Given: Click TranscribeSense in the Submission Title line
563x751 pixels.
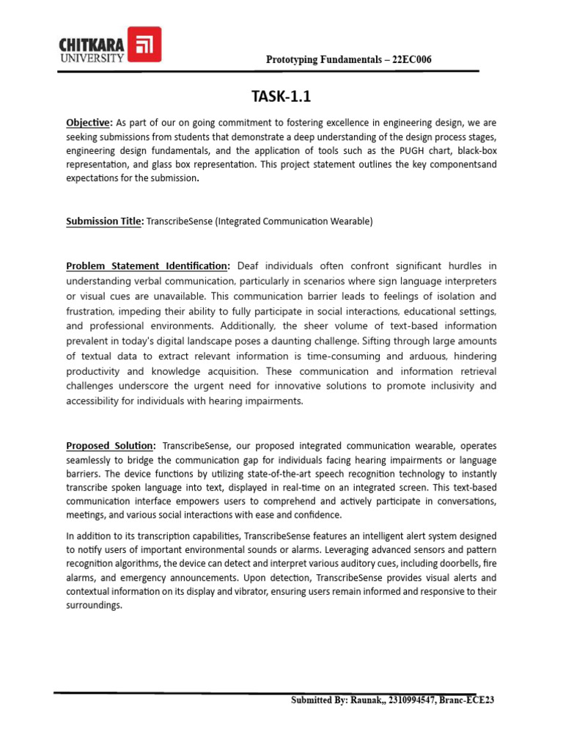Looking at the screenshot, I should click(x=180, y=221).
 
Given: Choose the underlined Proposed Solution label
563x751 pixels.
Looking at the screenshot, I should click(x=111, y=445).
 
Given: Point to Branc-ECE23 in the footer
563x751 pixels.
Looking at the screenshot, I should click(x=467, y=700).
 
